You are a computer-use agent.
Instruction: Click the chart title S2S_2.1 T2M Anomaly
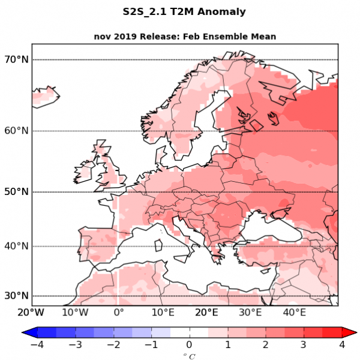[184, 12]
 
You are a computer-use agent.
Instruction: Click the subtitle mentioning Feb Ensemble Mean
[185, 37]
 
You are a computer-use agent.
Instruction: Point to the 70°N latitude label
[16, 59]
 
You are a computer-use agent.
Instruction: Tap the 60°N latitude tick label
[16, 131]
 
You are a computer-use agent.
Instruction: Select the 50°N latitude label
[16, 192]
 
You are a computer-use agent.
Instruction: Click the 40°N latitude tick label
[16, 246]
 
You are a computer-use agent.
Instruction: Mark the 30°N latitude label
[16, 296]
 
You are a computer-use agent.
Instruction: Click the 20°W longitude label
[31, 312]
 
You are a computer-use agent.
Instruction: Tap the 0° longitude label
[119, 312]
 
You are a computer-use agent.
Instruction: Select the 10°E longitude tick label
[163, 312]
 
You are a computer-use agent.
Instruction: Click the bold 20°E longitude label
[206, 312]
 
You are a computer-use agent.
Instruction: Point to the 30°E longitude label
[250, 312]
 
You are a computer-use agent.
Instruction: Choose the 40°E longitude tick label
[294, 312]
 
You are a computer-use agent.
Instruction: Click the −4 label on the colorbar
[36, 344]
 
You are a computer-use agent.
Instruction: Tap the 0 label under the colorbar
[189, 344]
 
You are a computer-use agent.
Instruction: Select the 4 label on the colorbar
[342, 344]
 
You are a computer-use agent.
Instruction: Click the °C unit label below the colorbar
[189, 356]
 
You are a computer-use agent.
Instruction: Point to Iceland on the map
[45, 96]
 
